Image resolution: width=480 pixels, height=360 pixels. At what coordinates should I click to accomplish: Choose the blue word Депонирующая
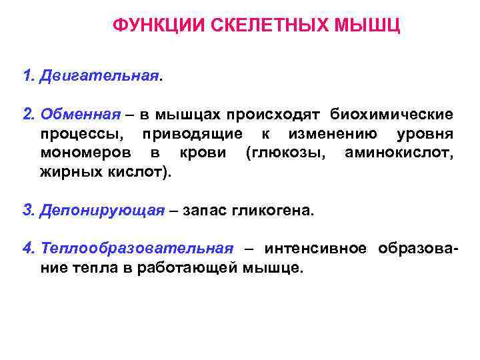[x=102, y=211]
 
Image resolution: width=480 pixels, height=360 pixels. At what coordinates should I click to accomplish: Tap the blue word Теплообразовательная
[x=137, y=249]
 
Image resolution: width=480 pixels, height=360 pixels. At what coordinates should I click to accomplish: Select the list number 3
[x=28, y=211]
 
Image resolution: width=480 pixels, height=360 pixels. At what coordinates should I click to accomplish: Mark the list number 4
[x=28, y=249]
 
